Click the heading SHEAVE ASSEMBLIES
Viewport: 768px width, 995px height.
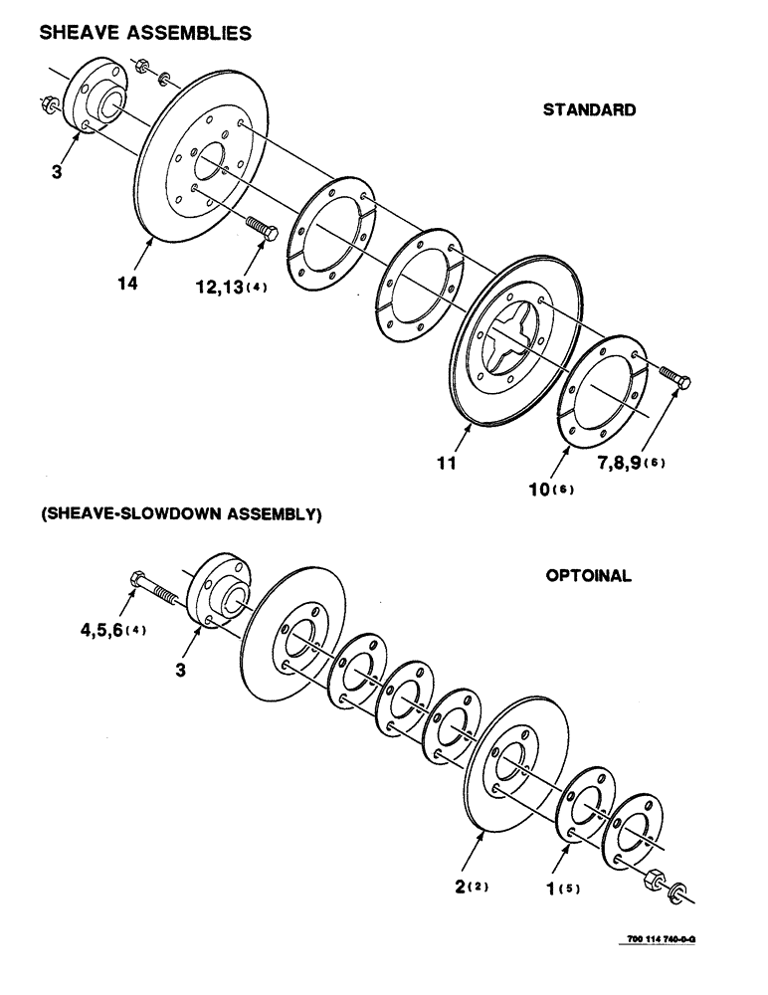145,33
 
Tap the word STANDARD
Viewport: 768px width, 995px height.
589,110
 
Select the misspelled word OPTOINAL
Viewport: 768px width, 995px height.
588,576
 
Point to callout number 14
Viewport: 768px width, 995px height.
126,284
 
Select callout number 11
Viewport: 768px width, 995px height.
445,463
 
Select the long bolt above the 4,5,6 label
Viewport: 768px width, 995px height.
152,589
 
